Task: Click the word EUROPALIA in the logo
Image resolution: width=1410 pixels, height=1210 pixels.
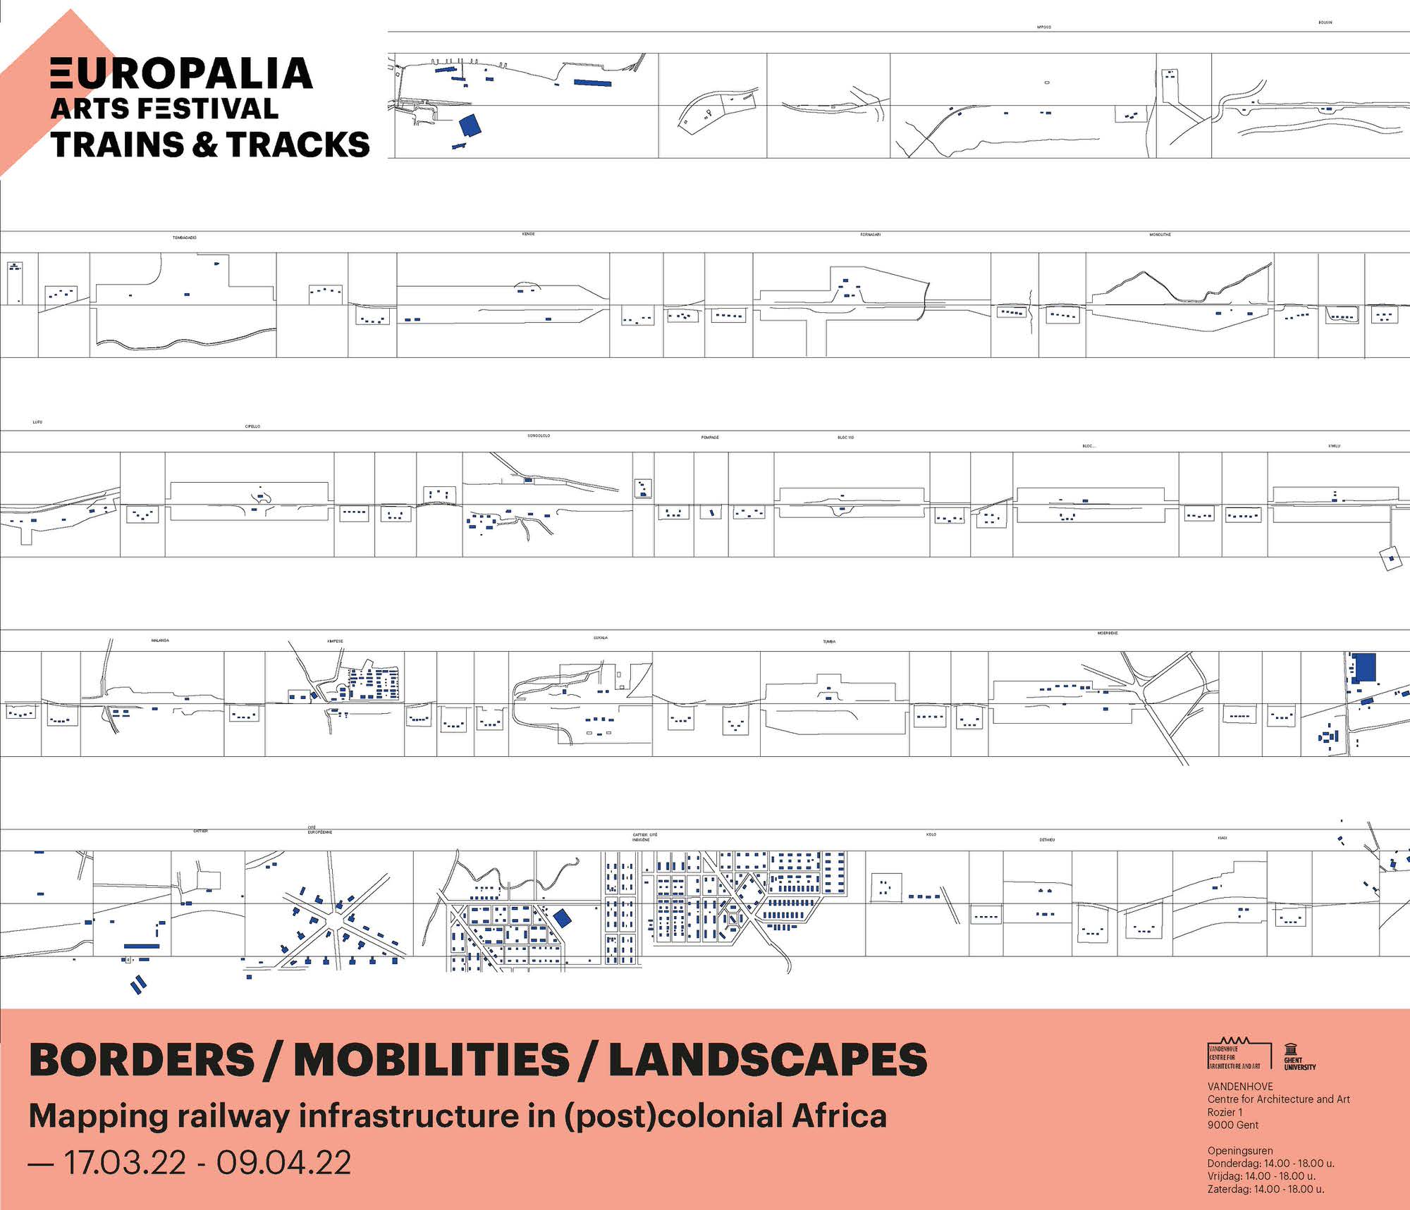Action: pos(182,74)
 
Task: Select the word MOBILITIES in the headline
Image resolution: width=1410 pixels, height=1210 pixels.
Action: pos(431,1060)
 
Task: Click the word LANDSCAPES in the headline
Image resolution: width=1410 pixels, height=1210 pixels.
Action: pos(768,1060)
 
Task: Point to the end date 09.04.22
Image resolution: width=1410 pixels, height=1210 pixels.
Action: pos(283,1163)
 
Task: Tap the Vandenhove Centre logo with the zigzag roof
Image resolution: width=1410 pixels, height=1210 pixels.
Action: pos(1239,1054)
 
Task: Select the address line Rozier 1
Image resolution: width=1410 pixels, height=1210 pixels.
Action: pos(1225,1112)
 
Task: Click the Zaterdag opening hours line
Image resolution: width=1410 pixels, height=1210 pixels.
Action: pos(1265,1189)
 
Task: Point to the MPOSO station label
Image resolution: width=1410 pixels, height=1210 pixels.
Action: pos(1044,27)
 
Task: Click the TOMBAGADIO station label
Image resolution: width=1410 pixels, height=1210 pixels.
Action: pos(185,237)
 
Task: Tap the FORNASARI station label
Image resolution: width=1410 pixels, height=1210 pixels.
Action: pos(870,234)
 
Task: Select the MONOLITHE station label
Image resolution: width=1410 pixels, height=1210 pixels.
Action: pos(1160,234)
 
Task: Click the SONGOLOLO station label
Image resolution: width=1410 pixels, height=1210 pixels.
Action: pos(539,436)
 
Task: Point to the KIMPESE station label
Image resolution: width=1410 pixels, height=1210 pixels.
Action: pos(335,641)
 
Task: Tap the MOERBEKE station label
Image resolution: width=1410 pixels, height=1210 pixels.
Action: pos(1108,633)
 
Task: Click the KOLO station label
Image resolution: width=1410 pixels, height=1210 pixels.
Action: pos(931,834)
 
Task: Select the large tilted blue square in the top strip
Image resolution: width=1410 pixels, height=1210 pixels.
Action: pos(470,125)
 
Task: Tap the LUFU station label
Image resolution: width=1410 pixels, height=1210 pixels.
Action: pos(37,422)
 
